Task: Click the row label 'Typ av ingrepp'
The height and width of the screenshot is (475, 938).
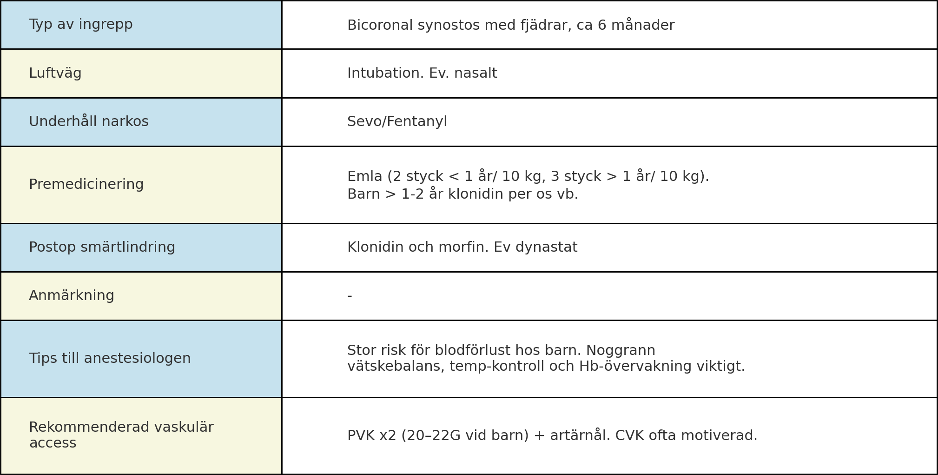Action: [80, 24]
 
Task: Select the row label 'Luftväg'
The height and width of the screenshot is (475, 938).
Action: [55, 73]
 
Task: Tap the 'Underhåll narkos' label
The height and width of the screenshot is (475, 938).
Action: [88, 121]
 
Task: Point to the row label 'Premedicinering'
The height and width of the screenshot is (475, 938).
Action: [86, 184]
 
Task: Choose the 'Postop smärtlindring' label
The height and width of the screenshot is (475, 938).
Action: [102, 247]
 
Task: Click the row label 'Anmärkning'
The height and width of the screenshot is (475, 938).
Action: [71, 295]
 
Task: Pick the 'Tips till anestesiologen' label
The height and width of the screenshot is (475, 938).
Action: [110, 358]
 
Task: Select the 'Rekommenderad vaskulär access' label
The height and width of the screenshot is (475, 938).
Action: [121, 435]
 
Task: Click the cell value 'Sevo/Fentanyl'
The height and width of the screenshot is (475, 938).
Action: [397, 121]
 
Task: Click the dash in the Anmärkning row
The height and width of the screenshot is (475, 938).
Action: [350, 295]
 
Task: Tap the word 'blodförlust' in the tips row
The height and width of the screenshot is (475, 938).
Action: [478, 350]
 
